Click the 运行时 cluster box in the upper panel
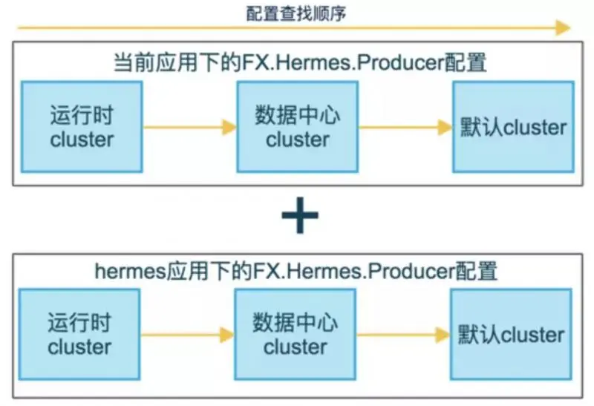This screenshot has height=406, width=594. click(82, 127)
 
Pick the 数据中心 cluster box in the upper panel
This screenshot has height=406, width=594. click(297, 127)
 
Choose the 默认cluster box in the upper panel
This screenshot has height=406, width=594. click(512, 127)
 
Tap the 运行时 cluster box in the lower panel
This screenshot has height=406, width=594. click(80, 335)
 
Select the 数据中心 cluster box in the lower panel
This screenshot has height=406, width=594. click(296, 335)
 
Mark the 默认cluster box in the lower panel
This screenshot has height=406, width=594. click(511, 335)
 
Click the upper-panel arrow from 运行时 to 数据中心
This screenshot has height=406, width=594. click(189, 128)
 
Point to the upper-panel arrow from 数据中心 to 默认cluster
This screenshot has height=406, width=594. click(405, 128)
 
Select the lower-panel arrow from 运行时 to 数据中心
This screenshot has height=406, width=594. click(187, 335)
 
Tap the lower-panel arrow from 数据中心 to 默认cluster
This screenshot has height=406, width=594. click(403, 335)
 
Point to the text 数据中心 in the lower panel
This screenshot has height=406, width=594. click(296, 324)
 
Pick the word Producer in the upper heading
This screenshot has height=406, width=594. click(400, 63)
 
